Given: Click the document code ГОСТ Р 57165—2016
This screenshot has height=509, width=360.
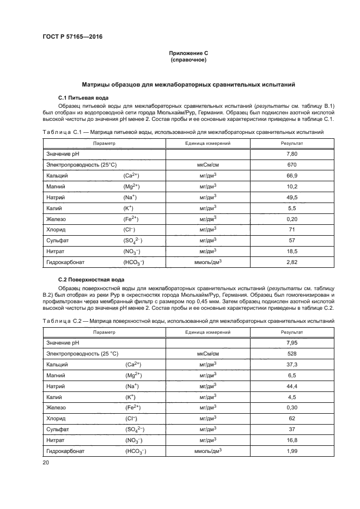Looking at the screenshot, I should (72, 37).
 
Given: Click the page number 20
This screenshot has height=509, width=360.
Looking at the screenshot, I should (46, 462).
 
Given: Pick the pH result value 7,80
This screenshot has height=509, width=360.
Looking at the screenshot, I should (292, 154).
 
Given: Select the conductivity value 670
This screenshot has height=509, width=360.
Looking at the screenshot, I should (292, 165).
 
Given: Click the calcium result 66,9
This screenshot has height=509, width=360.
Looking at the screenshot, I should (292, 176).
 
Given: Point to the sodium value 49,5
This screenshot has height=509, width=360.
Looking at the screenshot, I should (292, 198).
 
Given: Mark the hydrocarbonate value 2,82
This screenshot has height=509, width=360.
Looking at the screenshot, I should (292, 262).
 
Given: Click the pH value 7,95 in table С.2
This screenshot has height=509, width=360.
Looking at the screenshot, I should (292, 342).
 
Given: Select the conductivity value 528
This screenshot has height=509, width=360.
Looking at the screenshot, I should (292, 353).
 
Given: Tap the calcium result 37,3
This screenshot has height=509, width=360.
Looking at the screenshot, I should (292, 364).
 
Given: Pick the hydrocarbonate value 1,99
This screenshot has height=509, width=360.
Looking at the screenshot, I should (292, 451).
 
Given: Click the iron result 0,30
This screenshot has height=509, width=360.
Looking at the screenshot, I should (292, 408).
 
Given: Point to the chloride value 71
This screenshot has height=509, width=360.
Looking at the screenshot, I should (292, 230).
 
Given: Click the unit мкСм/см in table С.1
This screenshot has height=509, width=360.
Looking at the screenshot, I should (208, 165).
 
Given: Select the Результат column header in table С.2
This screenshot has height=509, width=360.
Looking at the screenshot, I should (292, 332).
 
